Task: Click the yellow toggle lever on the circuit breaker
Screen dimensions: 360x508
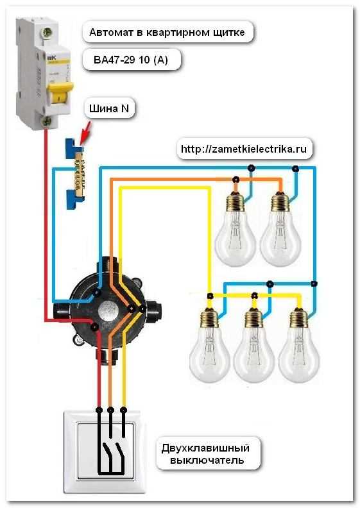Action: (60, 93)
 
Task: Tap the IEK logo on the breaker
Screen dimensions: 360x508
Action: (52, 59)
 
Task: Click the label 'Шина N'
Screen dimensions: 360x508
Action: (109, 108)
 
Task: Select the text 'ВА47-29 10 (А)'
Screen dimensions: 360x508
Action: (131, 60)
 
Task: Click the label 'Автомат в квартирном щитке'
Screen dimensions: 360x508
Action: (167, 33)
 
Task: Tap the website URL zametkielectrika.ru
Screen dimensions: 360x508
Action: (244, 149)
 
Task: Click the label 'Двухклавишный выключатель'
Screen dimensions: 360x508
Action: (206, 454)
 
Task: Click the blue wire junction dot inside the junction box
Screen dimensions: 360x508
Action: (96, 293)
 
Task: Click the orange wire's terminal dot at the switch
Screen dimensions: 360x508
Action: (110, 410)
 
